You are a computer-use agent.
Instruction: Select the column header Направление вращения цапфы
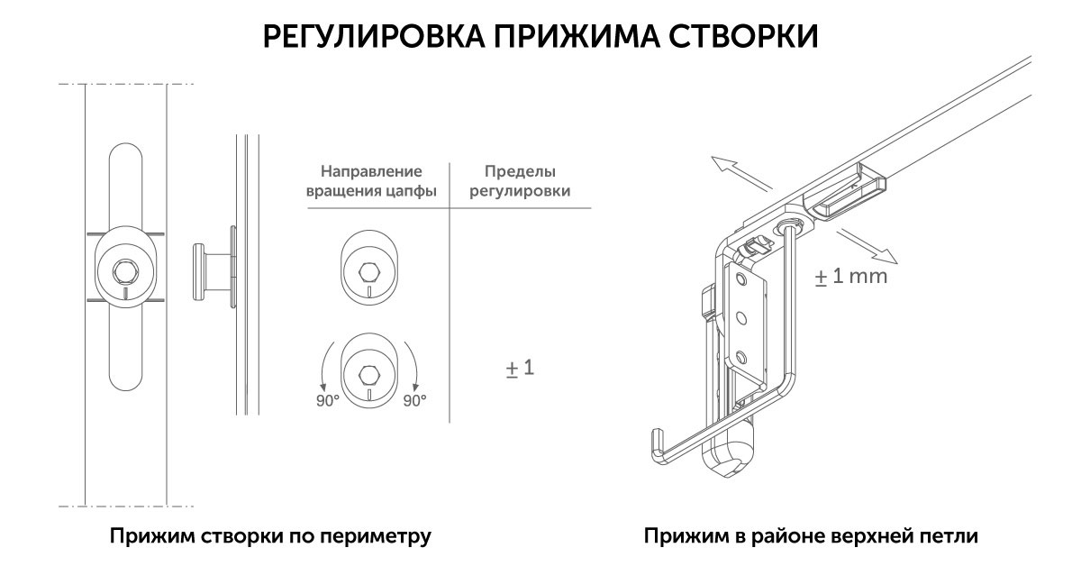(372, 181)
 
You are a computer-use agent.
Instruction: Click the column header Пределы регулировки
(520, 181)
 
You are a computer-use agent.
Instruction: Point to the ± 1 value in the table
(520, 368)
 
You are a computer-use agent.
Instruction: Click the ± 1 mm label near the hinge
(850, 276)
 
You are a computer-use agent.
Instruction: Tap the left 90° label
(326, 401)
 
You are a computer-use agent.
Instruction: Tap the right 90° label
(414, 401)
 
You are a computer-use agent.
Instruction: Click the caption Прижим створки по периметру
(271, 537)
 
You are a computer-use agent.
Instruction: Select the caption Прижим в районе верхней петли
(811, 537)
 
